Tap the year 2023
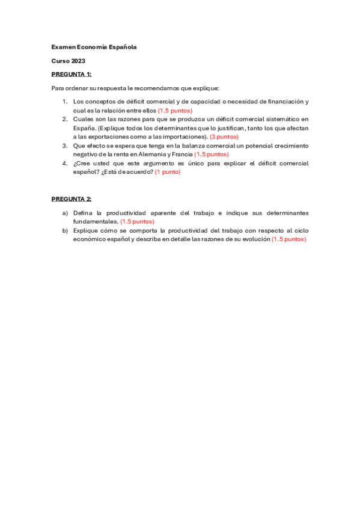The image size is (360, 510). (x=78, y=61)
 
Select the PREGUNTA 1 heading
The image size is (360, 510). (x=72, y=74)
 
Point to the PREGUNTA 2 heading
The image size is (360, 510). (x=72, y=198)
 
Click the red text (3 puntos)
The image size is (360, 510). (x=224, y=137)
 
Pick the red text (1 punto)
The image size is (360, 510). (x=167, y=171)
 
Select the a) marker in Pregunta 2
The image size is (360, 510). (x=65, y=213)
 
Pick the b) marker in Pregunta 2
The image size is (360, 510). (x=65, y=230)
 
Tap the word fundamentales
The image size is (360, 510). (x=95, y=221)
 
